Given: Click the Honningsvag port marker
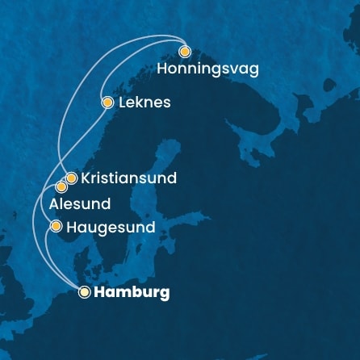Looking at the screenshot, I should click(x=185, y=52).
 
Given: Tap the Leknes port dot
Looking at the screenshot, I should click(x=107, y=103).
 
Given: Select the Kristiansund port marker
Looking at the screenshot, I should click(x=71, y=178).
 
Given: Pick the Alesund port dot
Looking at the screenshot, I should click(x=61, y=187).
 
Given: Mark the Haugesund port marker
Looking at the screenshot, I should click(x=56, y=227).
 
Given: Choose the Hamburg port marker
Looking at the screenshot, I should click(x=84, y=293).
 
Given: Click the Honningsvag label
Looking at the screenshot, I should click(x=207, y=69).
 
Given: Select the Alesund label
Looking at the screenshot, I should click(x=79, y=204).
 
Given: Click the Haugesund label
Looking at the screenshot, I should click(x=111, y=228).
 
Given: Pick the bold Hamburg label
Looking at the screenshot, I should click(x=132, y=293).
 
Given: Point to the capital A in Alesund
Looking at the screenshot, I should click(x=54, y=204).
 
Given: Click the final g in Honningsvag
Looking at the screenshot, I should click(x=253, y=71).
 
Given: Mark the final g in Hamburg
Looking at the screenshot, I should click(x=165, y=295).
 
